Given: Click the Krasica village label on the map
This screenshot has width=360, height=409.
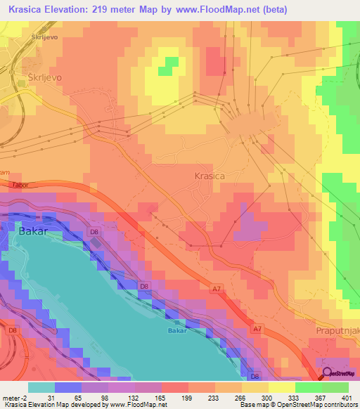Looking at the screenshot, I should tap(210, 176).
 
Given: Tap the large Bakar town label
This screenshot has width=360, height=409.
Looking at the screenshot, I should tap(36, 231).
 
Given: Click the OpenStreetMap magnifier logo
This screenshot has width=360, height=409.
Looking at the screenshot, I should tap(326, 372).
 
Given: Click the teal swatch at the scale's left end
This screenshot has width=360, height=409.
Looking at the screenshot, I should tap(40, 387).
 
